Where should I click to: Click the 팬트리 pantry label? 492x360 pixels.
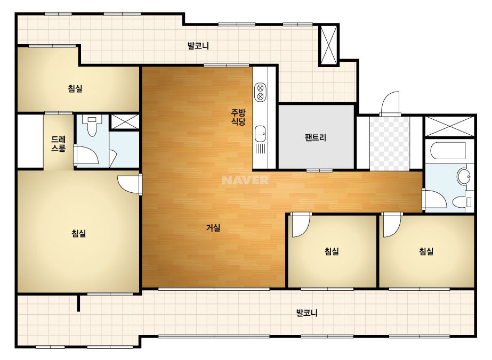pos(316,137)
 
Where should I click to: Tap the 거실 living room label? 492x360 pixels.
pos(213,228)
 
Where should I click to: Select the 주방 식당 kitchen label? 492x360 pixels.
pos(238,117)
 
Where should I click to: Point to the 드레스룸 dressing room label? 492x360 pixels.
pos(58,144)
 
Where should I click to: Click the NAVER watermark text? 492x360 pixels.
pos(245,180)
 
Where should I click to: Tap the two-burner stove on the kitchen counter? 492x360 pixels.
pos(260,92)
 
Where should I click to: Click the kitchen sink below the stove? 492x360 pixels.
pos(260,134)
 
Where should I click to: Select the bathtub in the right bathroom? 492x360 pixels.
pos(448,151)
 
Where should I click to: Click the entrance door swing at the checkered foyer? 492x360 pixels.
pos(390,103)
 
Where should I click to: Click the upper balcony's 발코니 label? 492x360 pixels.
pos(198,46)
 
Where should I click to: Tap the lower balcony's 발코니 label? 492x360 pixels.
pos(307,313)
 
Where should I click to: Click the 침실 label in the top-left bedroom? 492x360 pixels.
pos(75,88)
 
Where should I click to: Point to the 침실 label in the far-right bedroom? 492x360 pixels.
pos(426,251)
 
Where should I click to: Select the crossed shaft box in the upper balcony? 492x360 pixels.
pos(329,45)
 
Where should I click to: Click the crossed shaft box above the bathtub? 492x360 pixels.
pos(449,126)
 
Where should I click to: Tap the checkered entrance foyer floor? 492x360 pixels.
pos(390,144)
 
